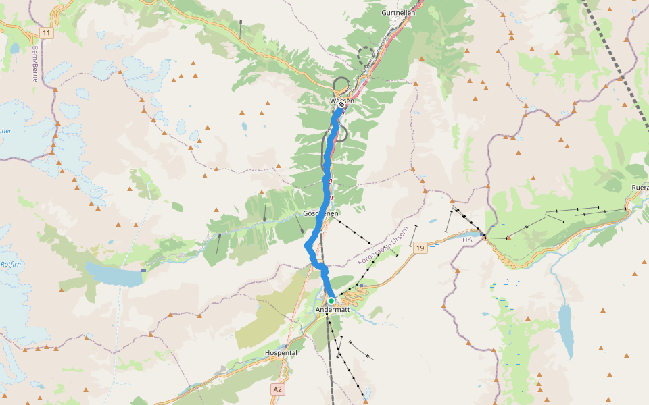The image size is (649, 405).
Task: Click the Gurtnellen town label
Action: (x=398, y=13)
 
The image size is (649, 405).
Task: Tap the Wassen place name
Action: (x=341, y=101)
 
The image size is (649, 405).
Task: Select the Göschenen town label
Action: (x=320, y=213)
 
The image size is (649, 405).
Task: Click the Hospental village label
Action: (x=281, y=353)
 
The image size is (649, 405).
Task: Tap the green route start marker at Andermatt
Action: (x=331, y=301)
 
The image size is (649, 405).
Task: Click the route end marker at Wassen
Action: (x=342, y=105)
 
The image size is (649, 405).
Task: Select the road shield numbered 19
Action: (x=420, y=248)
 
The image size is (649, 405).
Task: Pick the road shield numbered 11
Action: (x=46, y=32)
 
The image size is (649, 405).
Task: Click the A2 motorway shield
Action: (x=278, y=389)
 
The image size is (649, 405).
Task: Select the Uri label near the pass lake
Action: (x=466, y=239)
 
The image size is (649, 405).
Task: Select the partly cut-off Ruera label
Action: (x=639, y=188)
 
